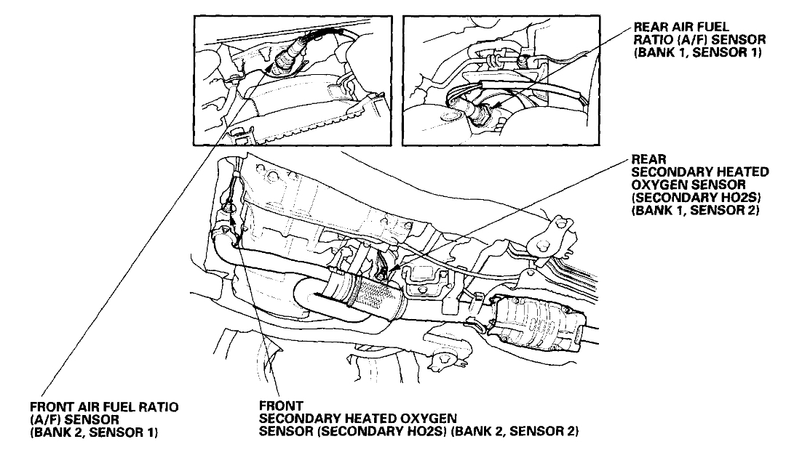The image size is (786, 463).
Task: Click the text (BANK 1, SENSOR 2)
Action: (x=696, y=212)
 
